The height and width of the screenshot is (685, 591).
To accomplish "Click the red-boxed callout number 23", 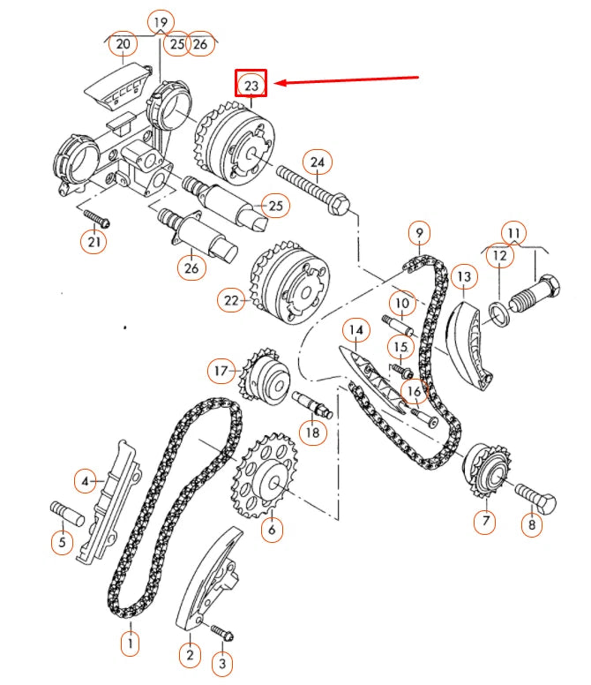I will click(251, 86).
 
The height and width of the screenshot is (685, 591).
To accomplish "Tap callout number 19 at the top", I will click(160, 21).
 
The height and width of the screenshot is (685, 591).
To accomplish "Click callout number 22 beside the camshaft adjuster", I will click(232, 301).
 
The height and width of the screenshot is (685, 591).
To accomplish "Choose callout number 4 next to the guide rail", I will click(86, 481).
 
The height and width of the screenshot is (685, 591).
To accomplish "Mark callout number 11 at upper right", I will click(514, 233).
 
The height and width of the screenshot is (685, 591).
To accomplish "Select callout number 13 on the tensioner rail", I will click(464, 278).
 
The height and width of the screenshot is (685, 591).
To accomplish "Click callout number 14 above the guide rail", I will click(355, 332).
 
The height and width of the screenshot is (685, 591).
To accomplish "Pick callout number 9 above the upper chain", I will click(420, 233).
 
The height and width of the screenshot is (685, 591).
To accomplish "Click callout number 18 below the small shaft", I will click(313, 432).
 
